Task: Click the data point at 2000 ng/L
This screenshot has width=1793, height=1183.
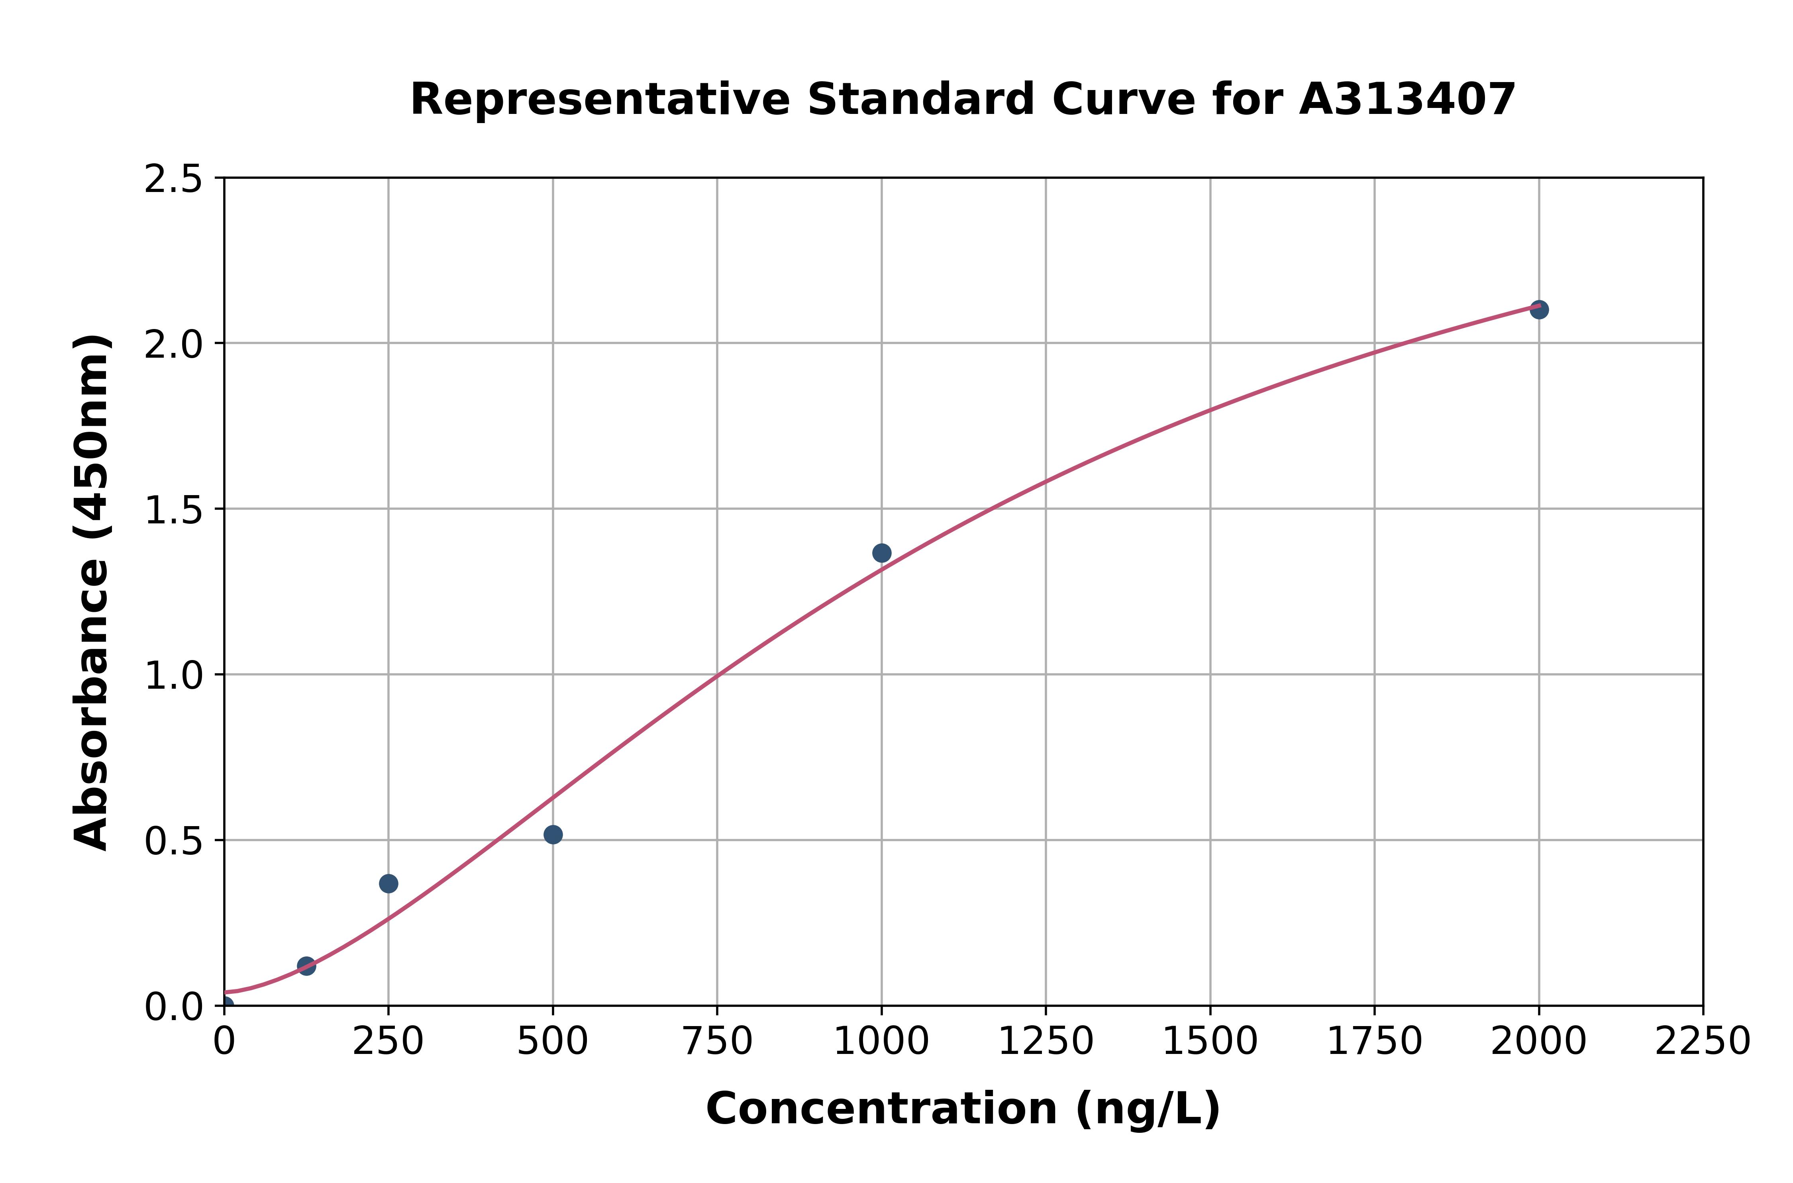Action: pos(1539,309)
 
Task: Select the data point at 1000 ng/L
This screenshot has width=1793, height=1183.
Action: pos(881,553)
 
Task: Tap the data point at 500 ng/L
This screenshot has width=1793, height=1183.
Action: pos(553,834)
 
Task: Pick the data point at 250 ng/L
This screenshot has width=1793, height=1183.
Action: pos(388,883)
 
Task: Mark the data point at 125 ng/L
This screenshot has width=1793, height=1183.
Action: pos(306,966)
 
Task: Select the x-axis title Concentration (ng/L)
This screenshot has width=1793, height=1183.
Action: pos(963,1109)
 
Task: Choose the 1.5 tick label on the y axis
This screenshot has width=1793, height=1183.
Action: pos(174,510)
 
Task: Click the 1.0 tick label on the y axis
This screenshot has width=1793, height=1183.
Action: pos(174,675)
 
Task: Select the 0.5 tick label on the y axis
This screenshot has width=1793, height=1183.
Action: pos(174,840)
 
